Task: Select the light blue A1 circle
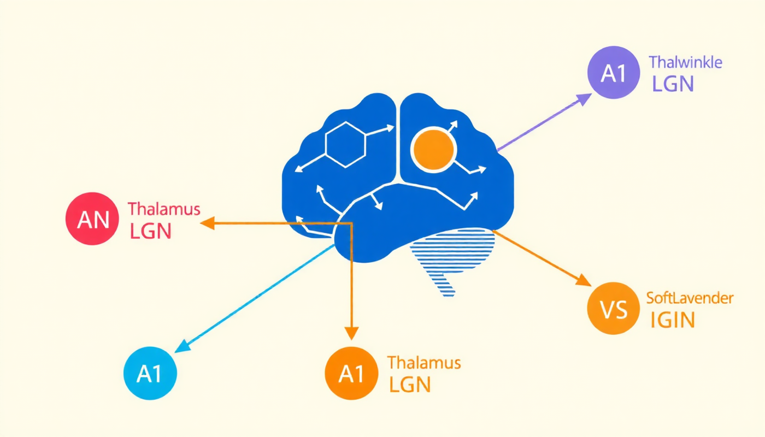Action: [x=150, y=374]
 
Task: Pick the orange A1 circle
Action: [x=351, y=374]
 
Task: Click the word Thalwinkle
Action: [x=686, y=62]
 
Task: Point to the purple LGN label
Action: [x=673, y=84]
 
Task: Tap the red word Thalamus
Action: [x=164, y=209]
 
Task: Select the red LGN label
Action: [x=151, y=231]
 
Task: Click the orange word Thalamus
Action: [x=424, y=363]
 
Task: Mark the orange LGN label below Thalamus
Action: [x=410, y=385]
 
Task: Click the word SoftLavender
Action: [x=690, y=298]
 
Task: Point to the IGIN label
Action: [x=672, y=320]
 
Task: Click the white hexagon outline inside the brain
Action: [x=345, y=144]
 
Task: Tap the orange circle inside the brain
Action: [x=434, y=149]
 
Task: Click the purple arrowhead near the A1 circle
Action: [x=584, y=99]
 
